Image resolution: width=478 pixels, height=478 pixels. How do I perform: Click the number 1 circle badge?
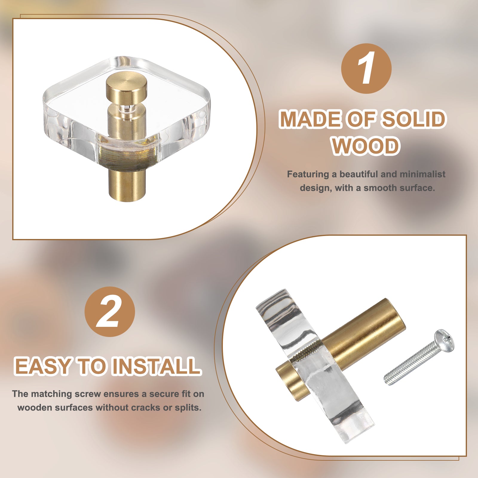tap(366, 68)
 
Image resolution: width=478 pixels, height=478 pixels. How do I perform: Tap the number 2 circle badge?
tap(110, 312)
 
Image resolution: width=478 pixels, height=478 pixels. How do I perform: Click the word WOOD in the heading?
tap(366, 146)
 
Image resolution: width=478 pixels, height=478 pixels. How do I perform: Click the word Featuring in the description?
tap(308, 175)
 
